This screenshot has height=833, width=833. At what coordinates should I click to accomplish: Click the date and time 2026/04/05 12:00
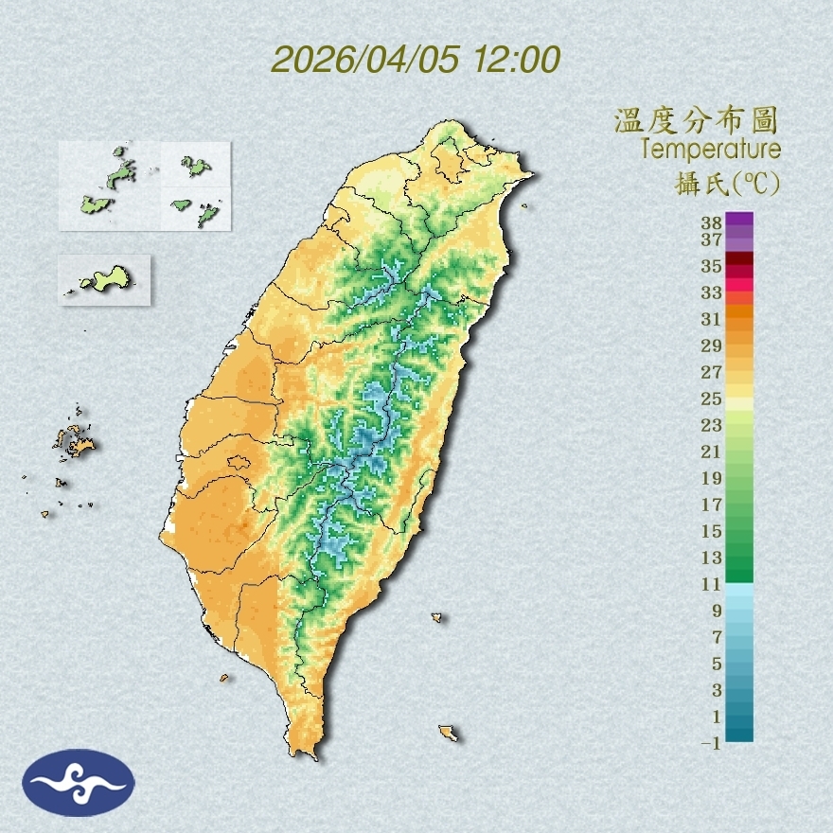[x=416, y=60]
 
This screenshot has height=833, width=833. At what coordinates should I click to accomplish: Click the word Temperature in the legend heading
[x=710, y=150]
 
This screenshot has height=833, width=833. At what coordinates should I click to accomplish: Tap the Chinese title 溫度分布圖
[x=696, y=121]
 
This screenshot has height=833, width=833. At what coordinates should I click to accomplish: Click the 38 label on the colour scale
[x=712, y=223]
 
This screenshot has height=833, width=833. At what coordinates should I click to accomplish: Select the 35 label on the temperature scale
[x=712, y=266]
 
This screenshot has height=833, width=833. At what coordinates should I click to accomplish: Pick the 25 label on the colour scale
[x=712, y=399]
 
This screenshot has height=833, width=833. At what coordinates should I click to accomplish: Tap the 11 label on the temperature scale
[x=712, y=584]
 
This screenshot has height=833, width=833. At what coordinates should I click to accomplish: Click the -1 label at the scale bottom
[x=711, y=743]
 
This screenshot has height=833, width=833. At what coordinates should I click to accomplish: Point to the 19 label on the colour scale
[x=712, y=478]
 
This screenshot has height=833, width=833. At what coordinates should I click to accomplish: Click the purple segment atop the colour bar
[x=740, y=220]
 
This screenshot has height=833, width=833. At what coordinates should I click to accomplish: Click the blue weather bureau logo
[x=79, y=782]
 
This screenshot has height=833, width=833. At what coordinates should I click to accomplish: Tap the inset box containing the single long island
[x=105, y=279]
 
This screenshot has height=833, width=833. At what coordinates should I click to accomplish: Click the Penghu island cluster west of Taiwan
[x=74, y=441]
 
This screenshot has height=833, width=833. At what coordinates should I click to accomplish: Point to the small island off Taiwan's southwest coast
[x=224, y=678]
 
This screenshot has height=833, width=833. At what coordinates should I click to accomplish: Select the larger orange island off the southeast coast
[x=449, y=733]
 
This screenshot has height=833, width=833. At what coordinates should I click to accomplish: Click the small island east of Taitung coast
[x=437, y=618]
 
